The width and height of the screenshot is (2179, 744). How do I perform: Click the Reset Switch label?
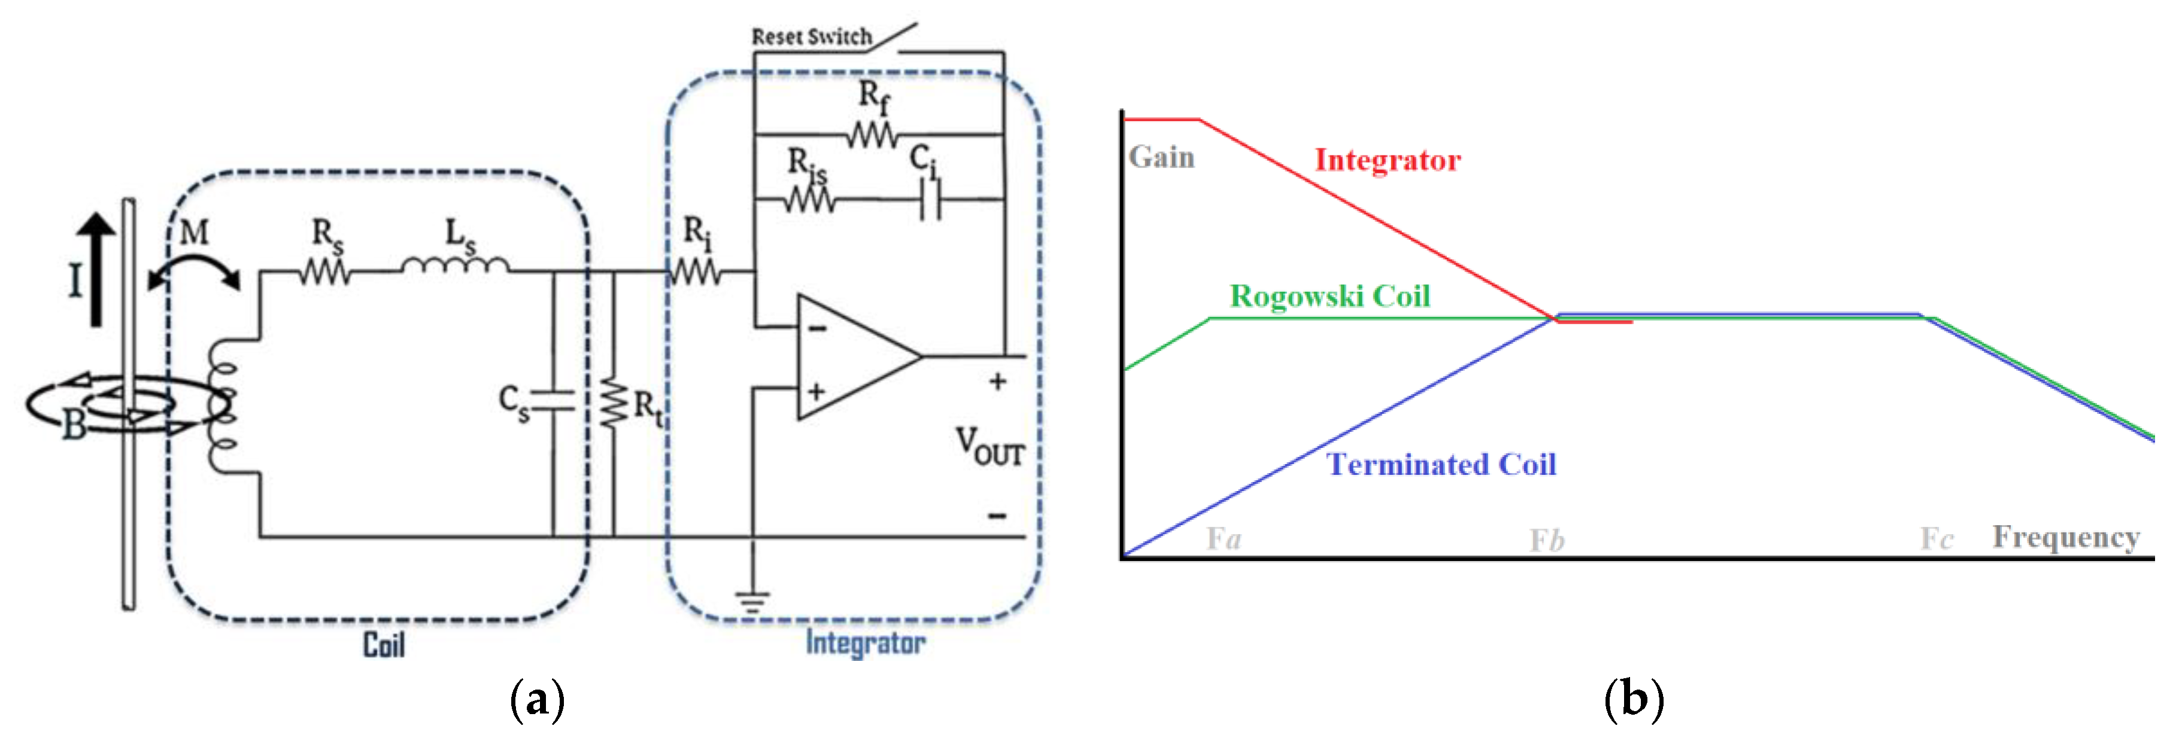(x=811, y=36)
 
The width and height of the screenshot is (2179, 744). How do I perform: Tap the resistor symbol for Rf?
(x=872, y=135)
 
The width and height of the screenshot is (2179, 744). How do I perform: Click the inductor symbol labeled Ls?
(x=455, y=266)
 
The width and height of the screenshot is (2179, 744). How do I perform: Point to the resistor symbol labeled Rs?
(x=325, y=272)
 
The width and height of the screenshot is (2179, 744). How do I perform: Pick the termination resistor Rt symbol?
(x=614, y=404)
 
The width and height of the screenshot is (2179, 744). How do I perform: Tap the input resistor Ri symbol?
(x=696, y=272)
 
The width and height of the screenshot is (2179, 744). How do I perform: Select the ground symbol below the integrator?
(x=752, y=601)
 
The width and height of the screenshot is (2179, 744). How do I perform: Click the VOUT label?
(x=990, y=446)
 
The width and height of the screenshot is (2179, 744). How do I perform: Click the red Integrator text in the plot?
(x=1387, y=160)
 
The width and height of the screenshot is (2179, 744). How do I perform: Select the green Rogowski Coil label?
(x=1330, y=296)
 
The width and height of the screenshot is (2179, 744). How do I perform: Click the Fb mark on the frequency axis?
(x=1546, y=540)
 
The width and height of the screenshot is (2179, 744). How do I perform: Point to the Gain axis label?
(x=1161, y=157)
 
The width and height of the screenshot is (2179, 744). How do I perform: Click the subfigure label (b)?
(x=1634, y=700)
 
